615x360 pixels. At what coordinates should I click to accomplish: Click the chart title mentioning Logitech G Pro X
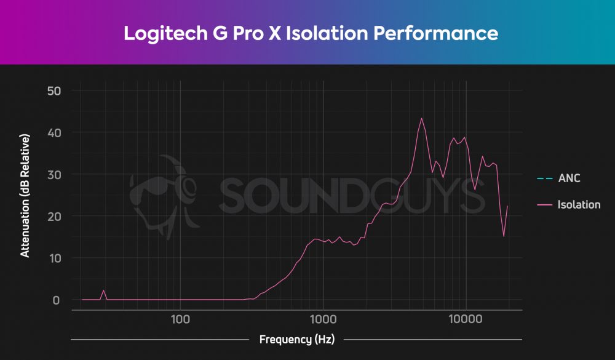click(311, 33)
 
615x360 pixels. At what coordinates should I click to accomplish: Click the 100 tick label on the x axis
click(180, 319)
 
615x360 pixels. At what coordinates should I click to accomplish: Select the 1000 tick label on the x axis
click(322, 319)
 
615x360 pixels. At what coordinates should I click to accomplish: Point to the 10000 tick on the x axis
click(466, 319)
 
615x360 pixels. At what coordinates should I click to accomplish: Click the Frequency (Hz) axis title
click(296, 340)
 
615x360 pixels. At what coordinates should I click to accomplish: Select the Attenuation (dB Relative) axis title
click(25, 196)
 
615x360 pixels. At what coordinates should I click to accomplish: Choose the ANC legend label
click(569, 179)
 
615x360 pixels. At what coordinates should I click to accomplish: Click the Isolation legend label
click(579, 205)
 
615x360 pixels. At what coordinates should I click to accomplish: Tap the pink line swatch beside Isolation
click(544, 205)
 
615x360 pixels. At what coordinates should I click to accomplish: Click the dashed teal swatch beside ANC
click(544, 179)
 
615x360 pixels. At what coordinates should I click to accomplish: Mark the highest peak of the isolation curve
click(421, 118)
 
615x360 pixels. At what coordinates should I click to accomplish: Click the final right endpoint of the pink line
click(507, 206)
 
